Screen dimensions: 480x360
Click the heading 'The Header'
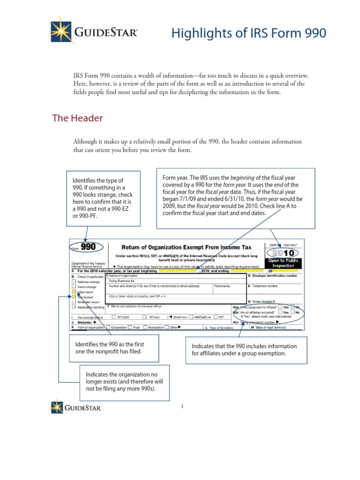coord(77,118)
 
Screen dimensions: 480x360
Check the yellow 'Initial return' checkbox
coord(74,291)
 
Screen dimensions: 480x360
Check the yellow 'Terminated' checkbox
coord(74,297)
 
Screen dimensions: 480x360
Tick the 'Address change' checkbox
coord(74,282)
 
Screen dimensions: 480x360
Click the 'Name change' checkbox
coord(74,286)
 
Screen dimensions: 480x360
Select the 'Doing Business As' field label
coord(122,280)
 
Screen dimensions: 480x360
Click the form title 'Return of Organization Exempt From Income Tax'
coord(186,247)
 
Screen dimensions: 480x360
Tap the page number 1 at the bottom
coord(182,406)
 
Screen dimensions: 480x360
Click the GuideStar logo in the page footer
coord(76,406)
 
